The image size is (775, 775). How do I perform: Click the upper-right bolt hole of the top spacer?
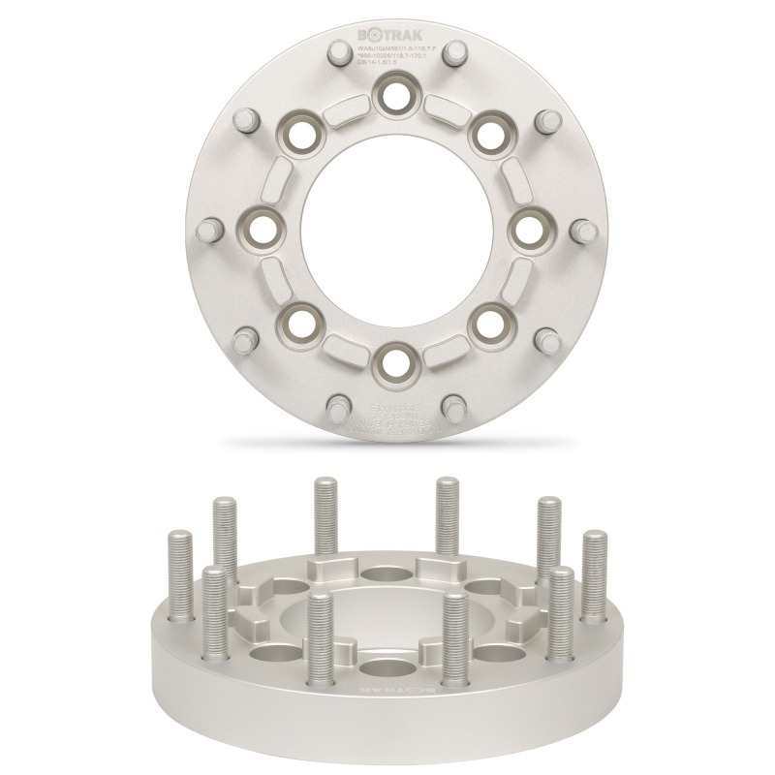(486, 133)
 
